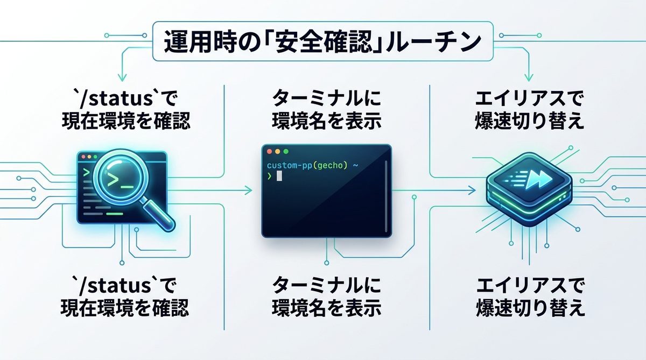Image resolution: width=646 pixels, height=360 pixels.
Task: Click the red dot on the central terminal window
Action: coord(270,152)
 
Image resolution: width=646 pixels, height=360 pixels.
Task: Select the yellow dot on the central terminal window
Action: coord(278,152)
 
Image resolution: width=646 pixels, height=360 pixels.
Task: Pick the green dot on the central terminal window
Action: coord(286,152)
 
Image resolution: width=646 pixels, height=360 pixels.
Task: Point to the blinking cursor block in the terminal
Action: coord(279,177)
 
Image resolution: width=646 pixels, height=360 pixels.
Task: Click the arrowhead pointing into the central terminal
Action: coord(249,189)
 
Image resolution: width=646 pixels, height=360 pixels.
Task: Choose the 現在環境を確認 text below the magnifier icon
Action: coord(124,308)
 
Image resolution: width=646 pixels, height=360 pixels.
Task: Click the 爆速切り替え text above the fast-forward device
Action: coord(530,121)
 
